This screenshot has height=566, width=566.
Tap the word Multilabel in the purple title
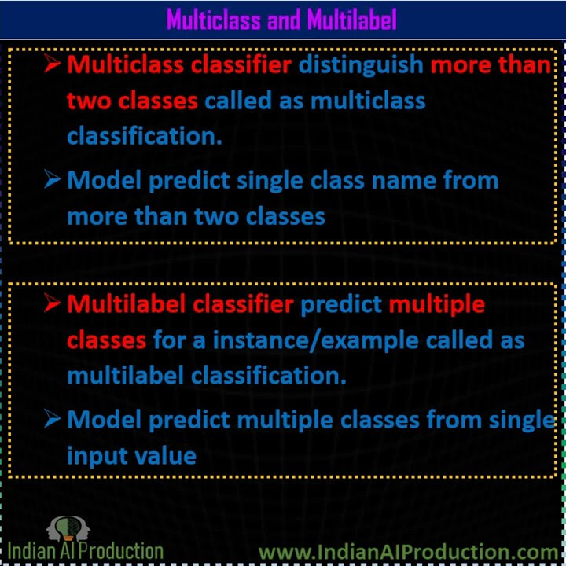tap(351, 20)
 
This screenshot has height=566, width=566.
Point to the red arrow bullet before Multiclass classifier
tap(53, 64)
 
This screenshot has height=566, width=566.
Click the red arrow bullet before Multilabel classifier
tap(53, 303)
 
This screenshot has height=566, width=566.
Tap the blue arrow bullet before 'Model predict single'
tap(53, 180)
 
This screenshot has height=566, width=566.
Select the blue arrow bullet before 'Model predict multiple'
tap(53, 419)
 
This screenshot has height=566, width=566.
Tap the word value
tap(167, 455)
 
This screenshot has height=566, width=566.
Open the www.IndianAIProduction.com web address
tap(408, 553)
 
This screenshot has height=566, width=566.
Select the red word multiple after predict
tap(437, 303)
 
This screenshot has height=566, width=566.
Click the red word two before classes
tap(89, 101)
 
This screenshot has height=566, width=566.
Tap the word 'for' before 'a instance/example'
tap(168, 340)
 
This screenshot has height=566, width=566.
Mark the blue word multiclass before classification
tap(368, 101)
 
